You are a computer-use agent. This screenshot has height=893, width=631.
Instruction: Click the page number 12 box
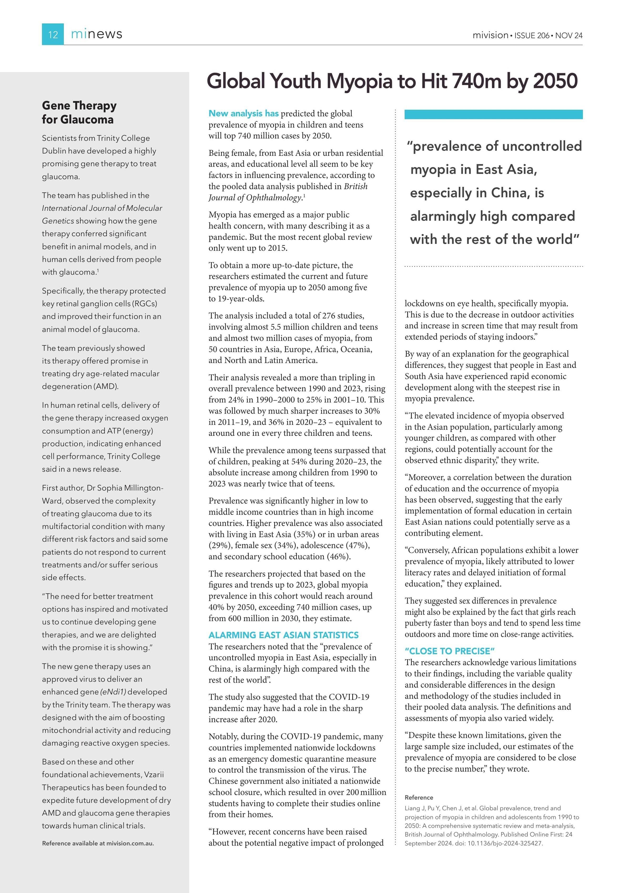tap(53, 34)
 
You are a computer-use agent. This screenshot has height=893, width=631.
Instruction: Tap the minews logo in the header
tap(96, 34)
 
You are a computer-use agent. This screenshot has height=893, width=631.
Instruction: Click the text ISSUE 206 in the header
tap(532, 35)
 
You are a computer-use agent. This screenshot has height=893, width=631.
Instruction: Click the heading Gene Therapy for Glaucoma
tap(79, 112)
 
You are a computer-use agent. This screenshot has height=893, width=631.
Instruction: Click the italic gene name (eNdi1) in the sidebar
tap(113, 692)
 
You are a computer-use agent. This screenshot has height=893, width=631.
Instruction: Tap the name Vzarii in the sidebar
tap(154, 774)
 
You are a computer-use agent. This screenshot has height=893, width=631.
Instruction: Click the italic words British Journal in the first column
tap(355, 186)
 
